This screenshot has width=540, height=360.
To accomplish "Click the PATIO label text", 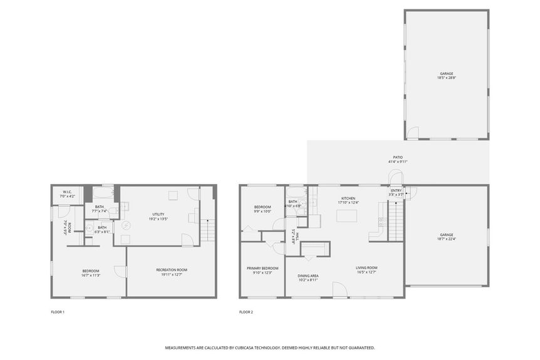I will (x=398, y=157).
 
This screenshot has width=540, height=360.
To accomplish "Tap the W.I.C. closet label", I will (x=67, y=192).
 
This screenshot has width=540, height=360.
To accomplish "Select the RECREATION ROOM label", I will (x=172, y=270).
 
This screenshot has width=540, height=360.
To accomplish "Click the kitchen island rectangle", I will (x=347, y=216).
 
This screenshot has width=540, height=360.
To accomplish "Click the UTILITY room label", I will (x=158, y=214).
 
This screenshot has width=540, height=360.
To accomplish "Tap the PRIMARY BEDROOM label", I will (x=262, y=267).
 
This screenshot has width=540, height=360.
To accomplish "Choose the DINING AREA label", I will (x=308, y=275).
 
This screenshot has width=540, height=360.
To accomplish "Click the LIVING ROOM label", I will (x=366, y=267).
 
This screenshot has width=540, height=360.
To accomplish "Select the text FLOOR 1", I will (x=58, y=312).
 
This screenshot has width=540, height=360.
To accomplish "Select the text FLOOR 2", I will (x=246, y=312).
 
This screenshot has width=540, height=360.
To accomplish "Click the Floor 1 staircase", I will (x=208, y=230).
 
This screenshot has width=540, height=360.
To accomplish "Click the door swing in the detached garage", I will (x=412, y=133).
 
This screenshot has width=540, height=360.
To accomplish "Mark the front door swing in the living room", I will (x=340, y=290).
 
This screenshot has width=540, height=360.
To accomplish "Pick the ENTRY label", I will (x=396, y=190).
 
